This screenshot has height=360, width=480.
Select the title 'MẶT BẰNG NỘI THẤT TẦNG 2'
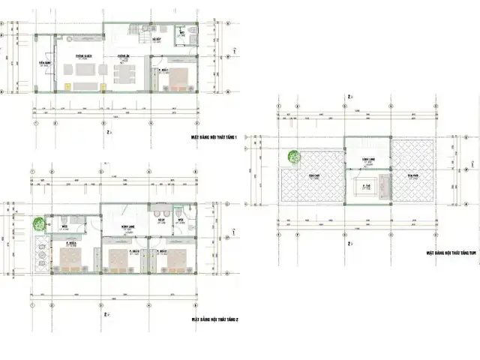[x=215, y=319]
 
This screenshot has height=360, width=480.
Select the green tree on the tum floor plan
[x=294, y=157]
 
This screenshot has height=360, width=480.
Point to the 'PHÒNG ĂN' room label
[x=124, y=56]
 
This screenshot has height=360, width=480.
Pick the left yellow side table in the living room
[x=68, y=86]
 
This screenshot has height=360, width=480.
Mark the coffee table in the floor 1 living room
[x=84, y=73]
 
